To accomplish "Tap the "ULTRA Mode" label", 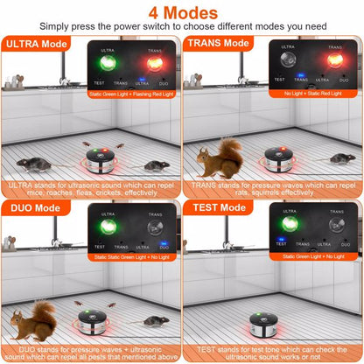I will click(38, 43).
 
